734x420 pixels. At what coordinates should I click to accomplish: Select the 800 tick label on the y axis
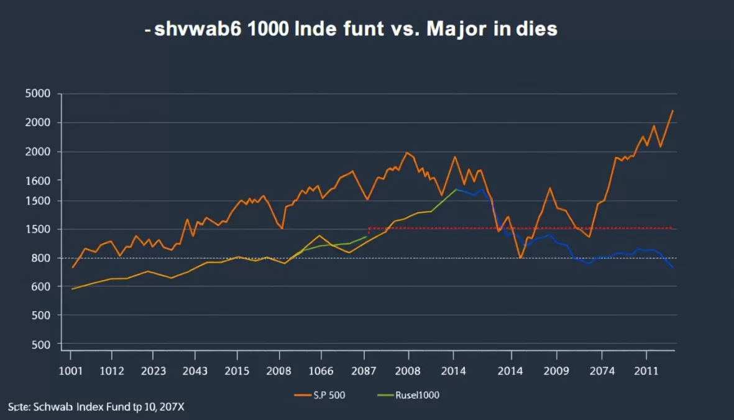pyautogui.click(x=40, y=258)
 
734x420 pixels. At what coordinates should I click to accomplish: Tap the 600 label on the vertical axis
pyautogui.click(x=40, y=287)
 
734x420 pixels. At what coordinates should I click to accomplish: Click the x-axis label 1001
pyautogui.click(x=70, y=371)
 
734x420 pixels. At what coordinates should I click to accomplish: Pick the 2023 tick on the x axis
pyautogui.click(x=153, y=371)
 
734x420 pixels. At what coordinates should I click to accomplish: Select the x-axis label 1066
pyautogui.click(x=321, y=371)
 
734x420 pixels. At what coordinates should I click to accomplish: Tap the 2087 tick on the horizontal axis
pyautogui.click(x=365, y=371)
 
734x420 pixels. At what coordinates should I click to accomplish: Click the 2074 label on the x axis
pyautogui.click(x=602, y=371)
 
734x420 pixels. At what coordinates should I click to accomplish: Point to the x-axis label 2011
pyautogui.click(x=646, y=371)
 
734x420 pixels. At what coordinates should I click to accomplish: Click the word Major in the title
pyautogui.click(x=445, y=29)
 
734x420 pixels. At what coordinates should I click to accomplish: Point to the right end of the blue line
pyautogui.click(x=673, y=268)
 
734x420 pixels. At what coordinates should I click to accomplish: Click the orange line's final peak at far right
pyautogui.click(x=673, y=111)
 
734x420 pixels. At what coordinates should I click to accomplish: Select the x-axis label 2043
pyautogui.click(x=195, y=371)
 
